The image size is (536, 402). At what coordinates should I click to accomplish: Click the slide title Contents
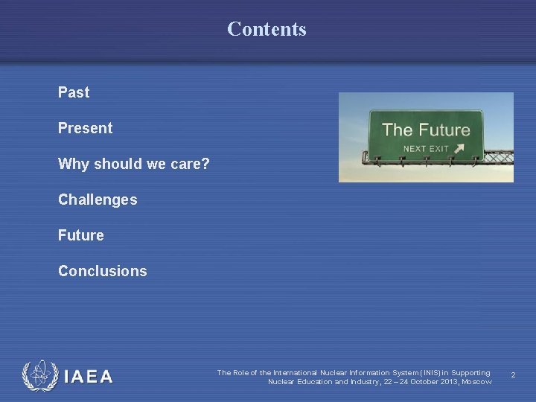click(267, 29)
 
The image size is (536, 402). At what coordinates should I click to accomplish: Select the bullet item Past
click(74, 92)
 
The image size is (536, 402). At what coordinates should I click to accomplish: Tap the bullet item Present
click(85, 128)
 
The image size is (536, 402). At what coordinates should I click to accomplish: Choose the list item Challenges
click(98, 200)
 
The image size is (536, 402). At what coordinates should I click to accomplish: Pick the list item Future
click(80, 235)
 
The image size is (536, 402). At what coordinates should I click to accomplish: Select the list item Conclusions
click(102, 271)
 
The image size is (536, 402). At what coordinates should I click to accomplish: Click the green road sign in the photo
click(426, 135)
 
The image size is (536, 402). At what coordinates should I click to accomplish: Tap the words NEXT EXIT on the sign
click(426, 148)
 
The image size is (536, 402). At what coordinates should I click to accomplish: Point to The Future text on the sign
click(426, 130)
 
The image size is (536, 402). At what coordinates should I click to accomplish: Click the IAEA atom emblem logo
click(39, 376)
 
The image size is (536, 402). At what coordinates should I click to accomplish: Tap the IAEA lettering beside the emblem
click(89, 377)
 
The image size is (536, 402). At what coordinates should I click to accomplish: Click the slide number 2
click(513, 377)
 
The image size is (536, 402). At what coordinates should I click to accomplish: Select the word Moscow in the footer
click(476, 382)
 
